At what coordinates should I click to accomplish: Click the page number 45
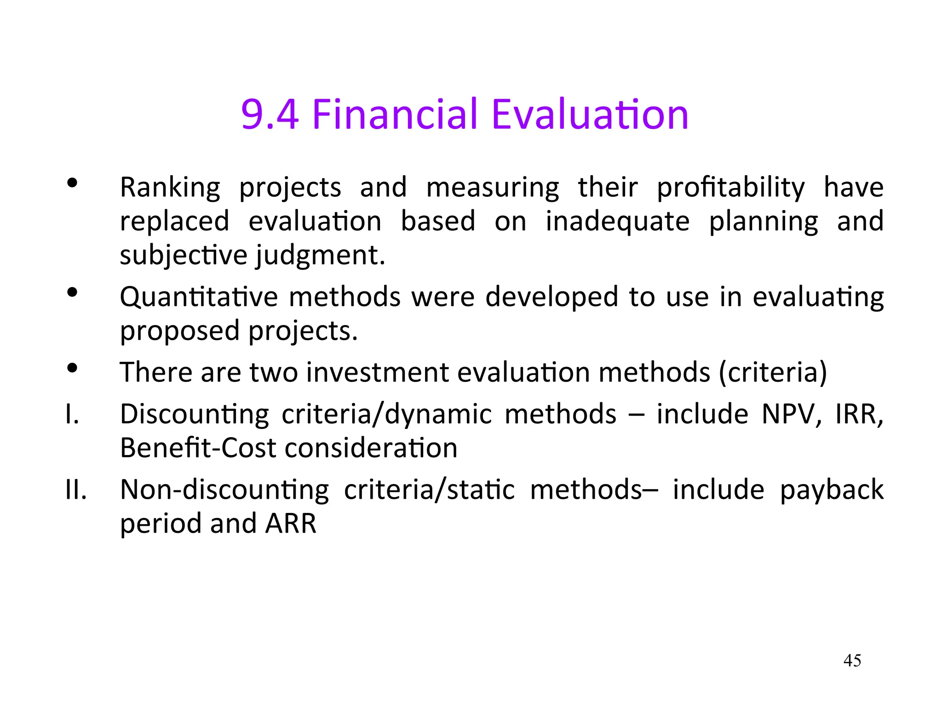(852, 660)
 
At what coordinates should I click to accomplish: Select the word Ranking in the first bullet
(170, 188)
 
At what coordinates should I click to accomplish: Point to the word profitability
(730, 188)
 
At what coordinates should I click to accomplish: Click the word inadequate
(617, 222)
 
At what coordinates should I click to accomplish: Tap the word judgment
(320, 256)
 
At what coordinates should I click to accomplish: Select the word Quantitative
(199, 297)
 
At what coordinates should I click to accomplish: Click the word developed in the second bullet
(551, 297)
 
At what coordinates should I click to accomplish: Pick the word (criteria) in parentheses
(773, 372)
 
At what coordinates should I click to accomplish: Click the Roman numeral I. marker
(72, 415)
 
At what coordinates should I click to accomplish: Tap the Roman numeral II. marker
(76, 490)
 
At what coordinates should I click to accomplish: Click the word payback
(832, 490)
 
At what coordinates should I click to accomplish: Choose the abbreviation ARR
(291, 524)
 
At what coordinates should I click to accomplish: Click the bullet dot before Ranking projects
(72, 183)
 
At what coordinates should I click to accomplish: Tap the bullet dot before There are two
(72, 368)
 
